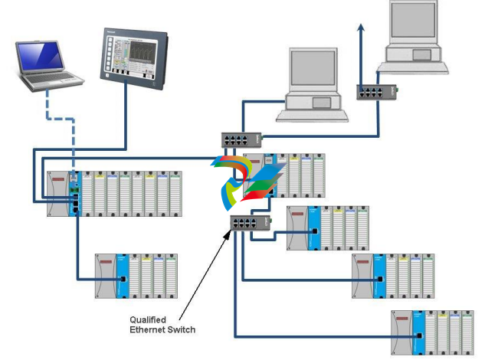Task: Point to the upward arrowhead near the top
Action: point(361,28)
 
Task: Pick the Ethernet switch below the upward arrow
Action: point(375,92)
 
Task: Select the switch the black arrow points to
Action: point(248,224)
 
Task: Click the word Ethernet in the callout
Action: point(149,329)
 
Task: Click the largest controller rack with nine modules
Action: point(115,194)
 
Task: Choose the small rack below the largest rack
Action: point(136,276)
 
